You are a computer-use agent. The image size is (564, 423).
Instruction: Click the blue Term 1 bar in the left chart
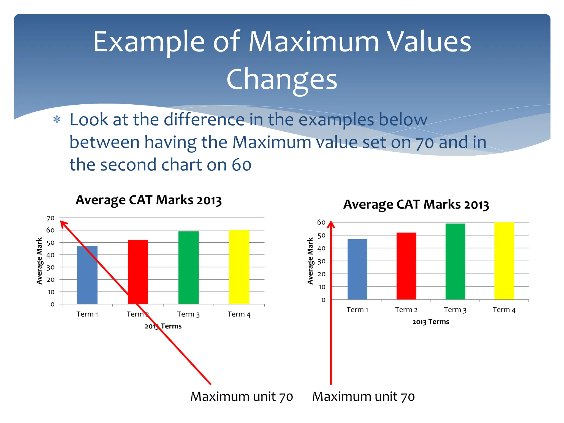(x=87, y=275)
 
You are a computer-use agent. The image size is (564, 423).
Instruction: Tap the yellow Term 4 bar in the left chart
(x=239, y=267)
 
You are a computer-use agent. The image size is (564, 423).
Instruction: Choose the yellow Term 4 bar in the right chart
(x=504, y=261)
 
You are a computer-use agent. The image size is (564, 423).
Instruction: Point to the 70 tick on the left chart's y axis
(x=51, y=218)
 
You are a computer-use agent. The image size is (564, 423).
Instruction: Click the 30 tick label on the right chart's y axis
(x=321, y=261)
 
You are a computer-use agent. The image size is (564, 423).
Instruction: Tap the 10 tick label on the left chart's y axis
(x=51, y=292)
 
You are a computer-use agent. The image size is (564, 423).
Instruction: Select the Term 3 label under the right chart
(x=455, y=310)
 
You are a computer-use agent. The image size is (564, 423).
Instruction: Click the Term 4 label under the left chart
(x=239, y=314)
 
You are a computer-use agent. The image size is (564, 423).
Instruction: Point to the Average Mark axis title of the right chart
(x=310, y=261)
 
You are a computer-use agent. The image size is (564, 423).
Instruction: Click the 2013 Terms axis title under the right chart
(x=430, y=322)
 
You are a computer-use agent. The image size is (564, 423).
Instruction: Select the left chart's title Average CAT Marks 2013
(x=149, y=200)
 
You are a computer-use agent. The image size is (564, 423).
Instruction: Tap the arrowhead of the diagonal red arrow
(x=63, y=224)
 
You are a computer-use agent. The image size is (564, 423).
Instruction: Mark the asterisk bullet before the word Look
(x=57, y=120)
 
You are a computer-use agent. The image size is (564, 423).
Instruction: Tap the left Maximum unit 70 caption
(x=242, y=397)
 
